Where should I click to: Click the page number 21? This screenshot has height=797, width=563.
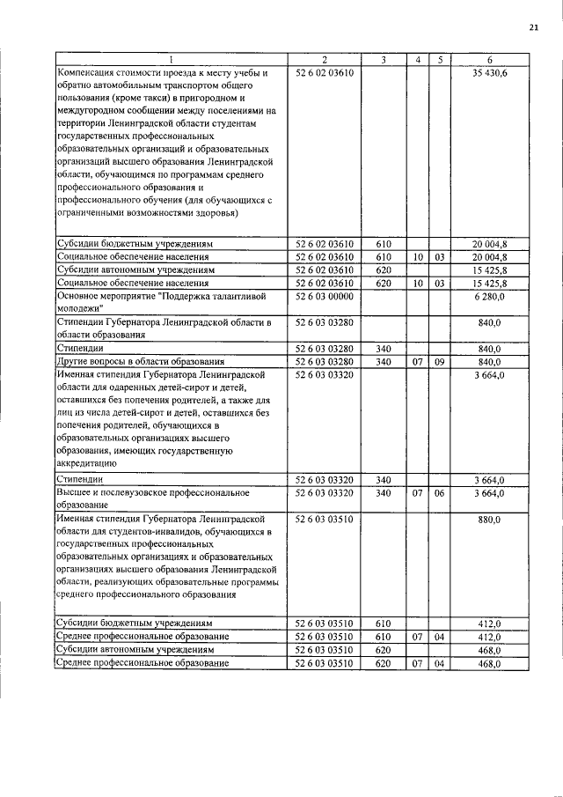pyautogui.click(x=533, y=28)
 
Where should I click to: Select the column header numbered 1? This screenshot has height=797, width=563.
pyautogui.click(x=172, y=60)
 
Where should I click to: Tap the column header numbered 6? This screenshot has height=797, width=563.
pyautogui.click(x=489, y=60)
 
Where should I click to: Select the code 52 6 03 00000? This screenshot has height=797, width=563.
pyautogui.click(x=324, y=297)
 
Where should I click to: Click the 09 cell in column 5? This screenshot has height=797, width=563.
pyautogui.click(x=439, y=361)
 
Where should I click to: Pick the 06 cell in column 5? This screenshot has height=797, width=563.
pyautogui.click(x=439, y=493)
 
